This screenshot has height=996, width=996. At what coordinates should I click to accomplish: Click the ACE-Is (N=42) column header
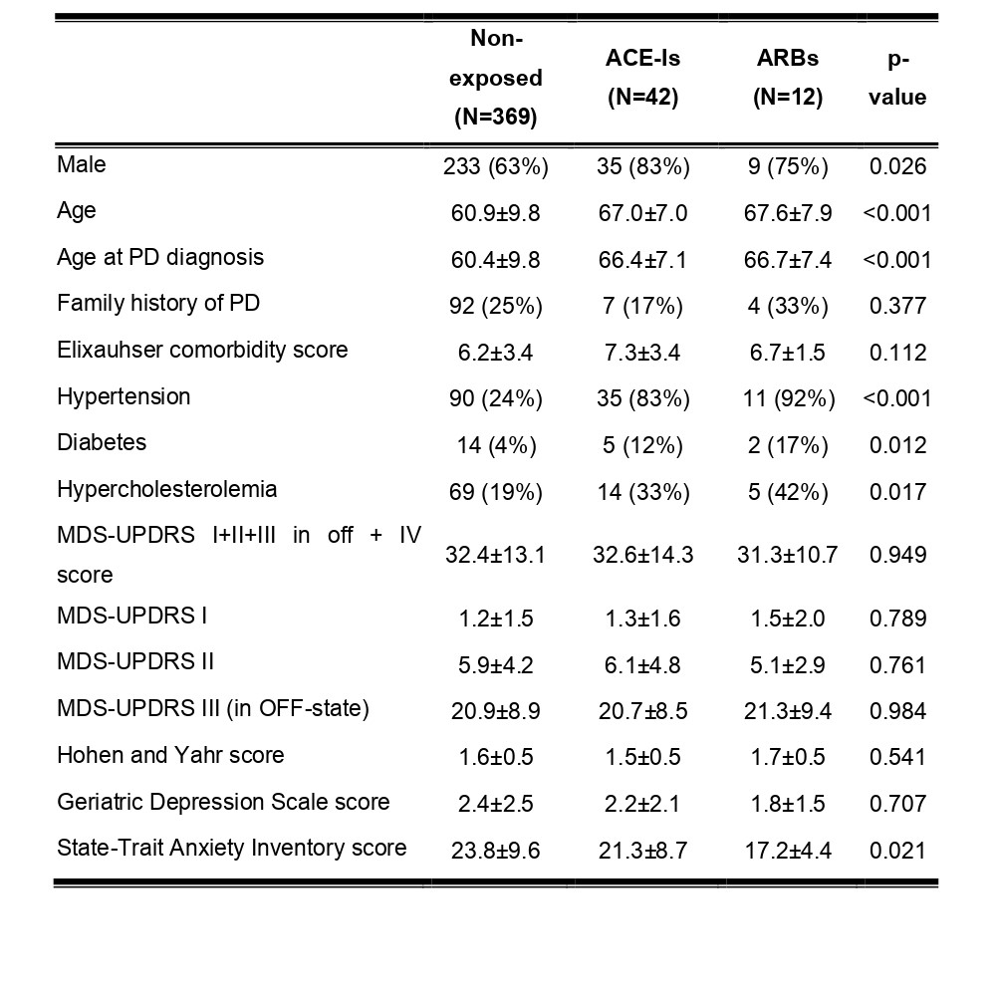pos(642,78)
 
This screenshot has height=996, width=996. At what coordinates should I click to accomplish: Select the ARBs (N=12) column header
pos(788,78)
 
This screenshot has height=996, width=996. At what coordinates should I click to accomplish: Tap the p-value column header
pos(897,78)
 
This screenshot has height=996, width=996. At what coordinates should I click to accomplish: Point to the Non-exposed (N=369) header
pos(496,78)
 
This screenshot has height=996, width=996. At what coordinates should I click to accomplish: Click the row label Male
pos(82,164)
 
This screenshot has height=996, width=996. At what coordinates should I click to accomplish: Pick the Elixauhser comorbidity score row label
pos(202,350)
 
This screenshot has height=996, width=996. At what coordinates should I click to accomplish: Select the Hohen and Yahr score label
pos(171,755)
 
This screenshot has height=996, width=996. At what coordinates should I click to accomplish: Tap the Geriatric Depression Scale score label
pos(223,802)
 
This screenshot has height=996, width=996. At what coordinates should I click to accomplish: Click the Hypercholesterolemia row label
pos(167,490)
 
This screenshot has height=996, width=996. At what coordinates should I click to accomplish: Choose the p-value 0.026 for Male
pos(898,166)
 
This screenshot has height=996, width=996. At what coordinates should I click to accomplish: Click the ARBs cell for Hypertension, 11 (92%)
pos(788,399)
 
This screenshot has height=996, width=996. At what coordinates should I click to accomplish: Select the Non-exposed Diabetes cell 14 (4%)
pos(496,445)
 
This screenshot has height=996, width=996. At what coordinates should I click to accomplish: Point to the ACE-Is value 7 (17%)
pos(642,306)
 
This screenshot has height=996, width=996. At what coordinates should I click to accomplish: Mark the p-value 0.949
pos(898,555)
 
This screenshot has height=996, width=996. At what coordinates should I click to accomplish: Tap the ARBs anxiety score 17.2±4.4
pos(788,851)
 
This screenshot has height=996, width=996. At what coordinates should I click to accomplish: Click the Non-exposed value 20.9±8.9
pos(496,711)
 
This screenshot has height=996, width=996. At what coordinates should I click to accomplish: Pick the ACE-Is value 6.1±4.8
pos(642,665)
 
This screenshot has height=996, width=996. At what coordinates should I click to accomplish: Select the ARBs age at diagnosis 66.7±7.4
pos(788,260)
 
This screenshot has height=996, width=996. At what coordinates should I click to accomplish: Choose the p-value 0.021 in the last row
pos(898,851)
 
